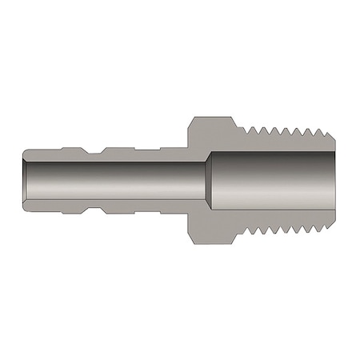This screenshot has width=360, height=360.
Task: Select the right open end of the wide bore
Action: point(335,180)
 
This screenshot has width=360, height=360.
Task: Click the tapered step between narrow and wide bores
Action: point(209,180)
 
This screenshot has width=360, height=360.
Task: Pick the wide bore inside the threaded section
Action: point(272,180)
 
